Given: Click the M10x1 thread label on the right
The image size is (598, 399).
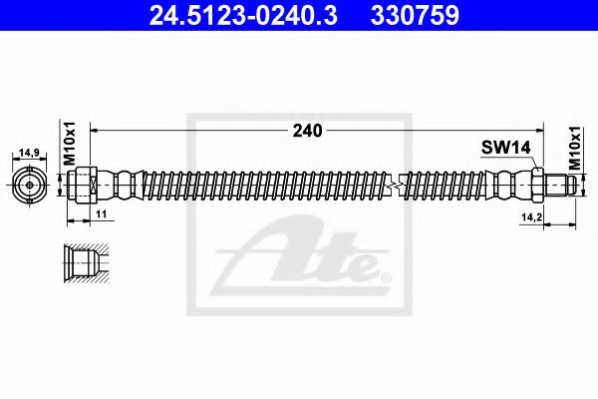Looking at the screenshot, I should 577,146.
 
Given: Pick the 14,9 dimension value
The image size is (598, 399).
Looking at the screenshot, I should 29,154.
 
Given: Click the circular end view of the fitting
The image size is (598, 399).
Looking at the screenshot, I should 30,186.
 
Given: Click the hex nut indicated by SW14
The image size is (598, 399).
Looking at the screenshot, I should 536,186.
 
